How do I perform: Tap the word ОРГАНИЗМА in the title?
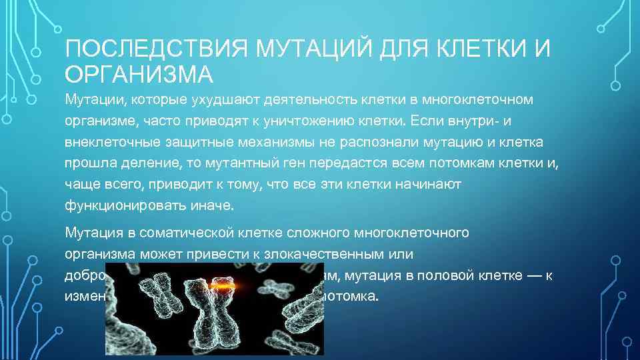(x=139, y=74)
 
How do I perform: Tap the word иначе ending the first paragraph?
(x=212, y=205)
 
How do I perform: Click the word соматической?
(x=192, y=233)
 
